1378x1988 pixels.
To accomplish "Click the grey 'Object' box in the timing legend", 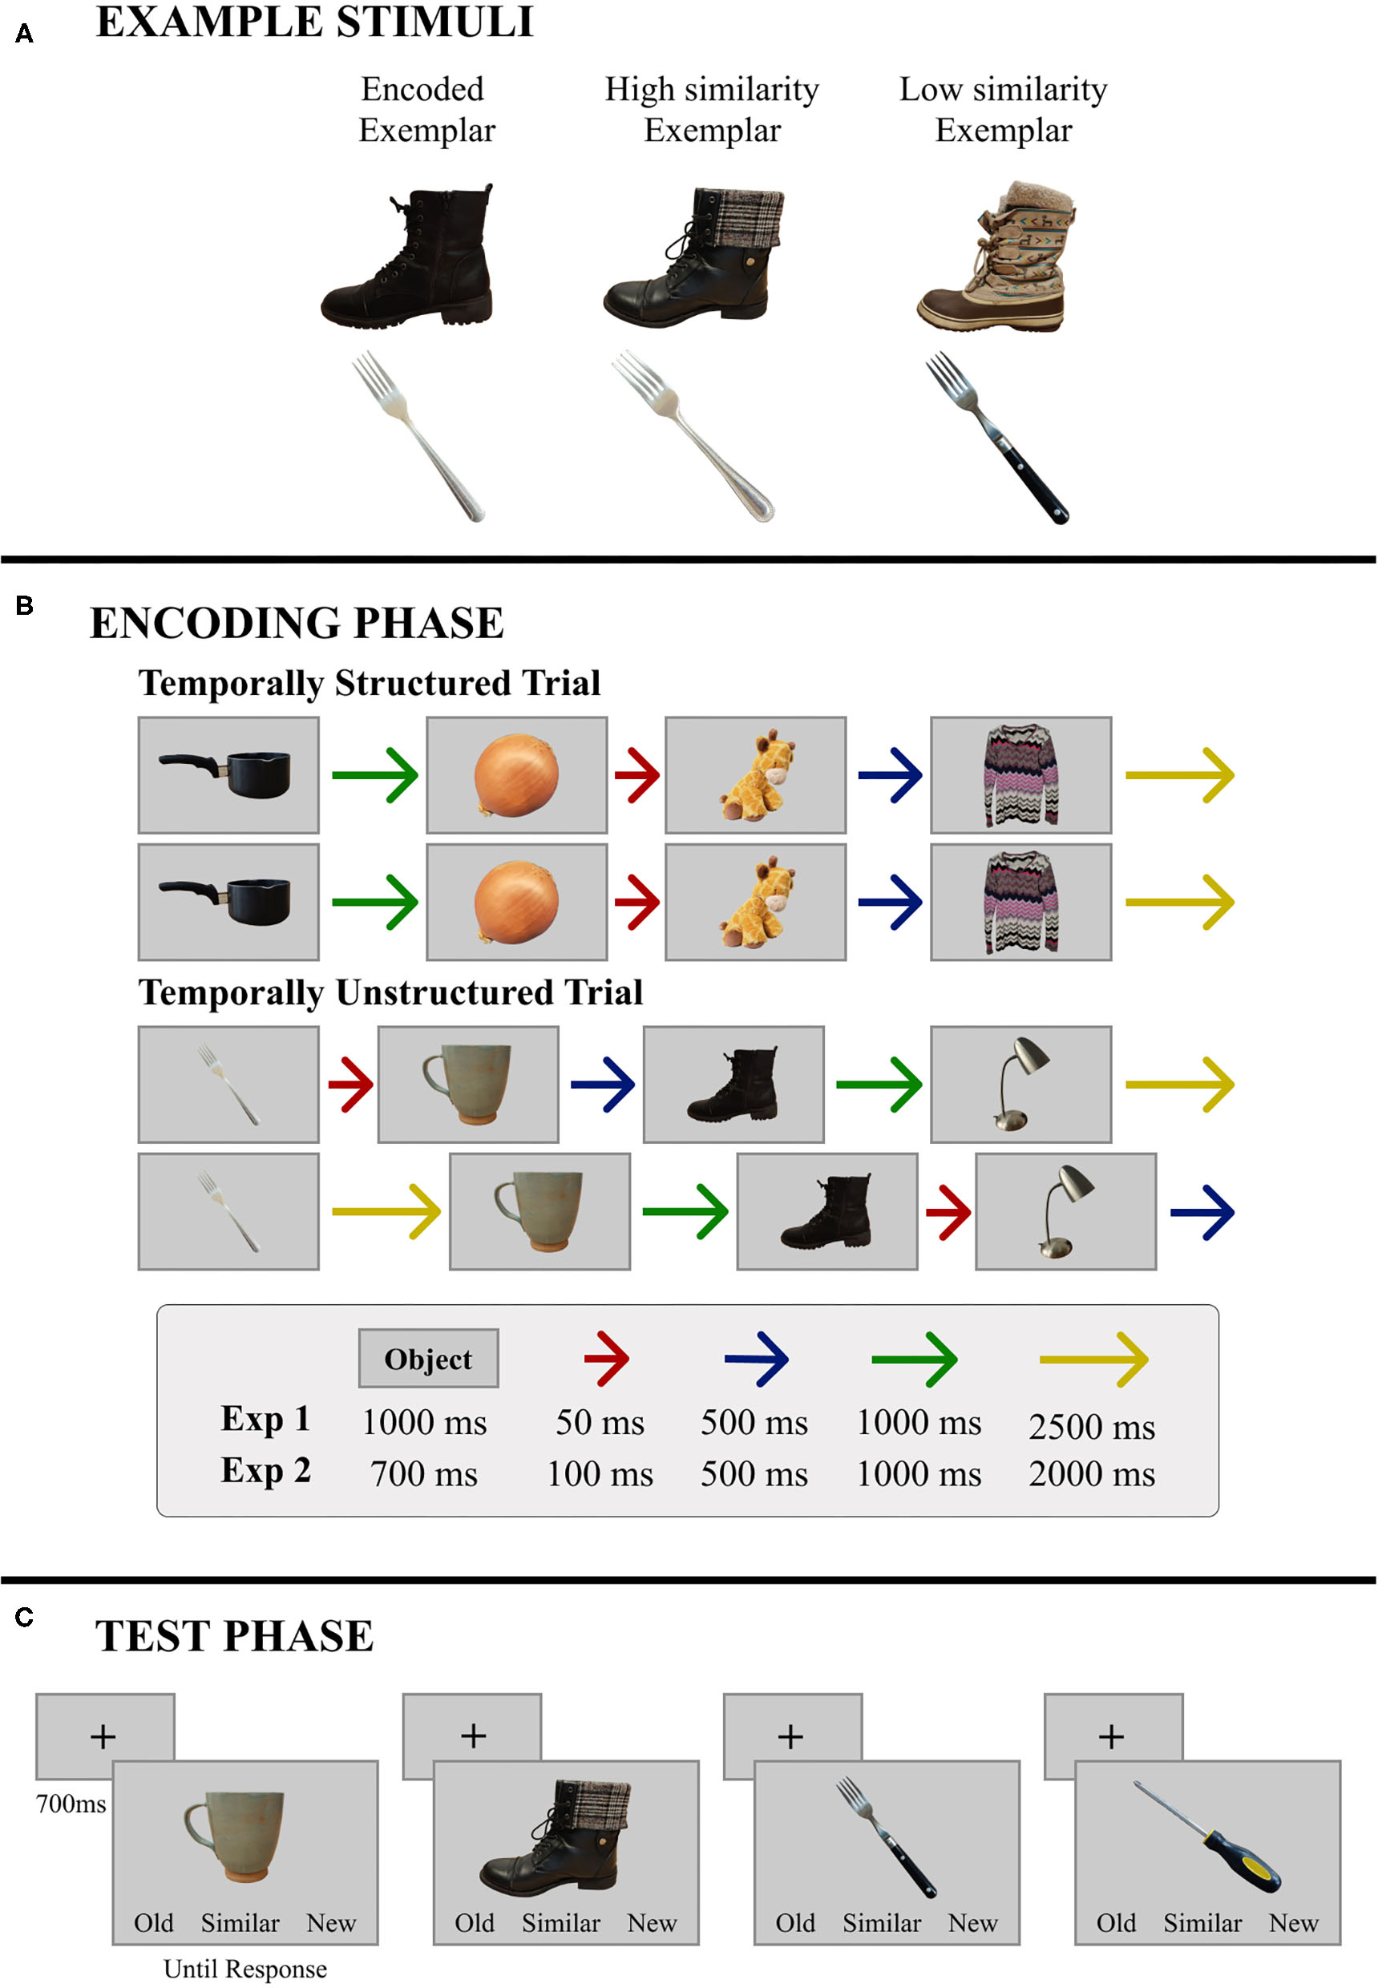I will pyautogui.click(x=428, y=1359).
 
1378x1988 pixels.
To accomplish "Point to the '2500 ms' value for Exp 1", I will pyautogui.click(x=1091, y=1426).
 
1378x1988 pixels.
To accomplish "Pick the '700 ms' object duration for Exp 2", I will pyautogui.click(x=424, y=1473).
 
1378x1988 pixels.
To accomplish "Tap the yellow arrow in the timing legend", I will pyautogui.click(x=1093, y=1359).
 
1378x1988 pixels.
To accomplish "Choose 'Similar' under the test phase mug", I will pyautogui.click(x=240, y=1922).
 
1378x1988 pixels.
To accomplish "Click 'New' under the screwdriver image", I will pyautogui.click(x=1292, y=1922).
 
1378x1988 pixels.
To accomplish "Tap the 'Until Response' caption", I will pyautogui.click(x=245, y=1969).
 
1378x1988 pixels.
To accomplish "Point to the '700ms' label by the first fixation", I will pyautogui.click(x=71, y=1804).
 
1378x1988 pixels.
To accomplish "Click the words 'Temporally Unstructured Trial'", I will pyautogui.click(x=390, y=992).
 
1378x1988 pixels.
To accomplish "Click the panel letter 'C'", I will pyautogui.click(x=24, y=1617).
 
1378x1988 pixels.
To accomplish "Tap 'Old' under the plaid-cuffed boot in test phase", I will pyautogui.click(x=474, y=1922).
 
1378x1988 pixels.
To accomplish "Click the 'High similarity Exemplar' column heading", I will pyautogui.click(x=712, y=110).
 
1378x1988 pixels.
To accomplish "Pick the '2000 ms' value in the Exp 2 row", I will pyautogui.click(x=1091, y=1473).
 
